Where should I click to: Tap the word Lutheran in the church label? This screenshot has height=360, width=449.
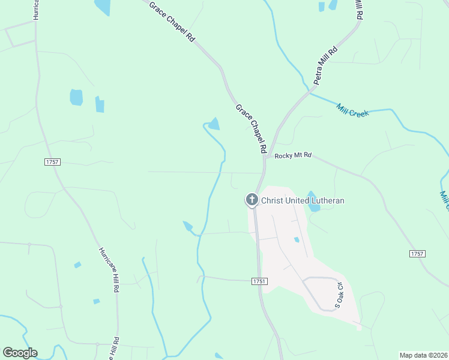[327, 200]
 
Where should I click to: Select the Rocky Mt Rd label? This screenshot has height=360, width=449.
[293, 155]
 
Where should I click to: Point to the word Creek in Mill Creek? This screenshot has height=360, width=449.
[359, 111]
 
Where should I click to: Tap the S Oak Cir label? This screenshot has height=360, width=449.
[339, 296]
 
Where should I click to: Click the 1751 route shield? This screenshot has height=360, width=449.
[259, 281]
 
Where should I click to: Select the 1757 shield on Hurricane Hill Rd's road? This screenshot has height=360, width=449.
[53, 162]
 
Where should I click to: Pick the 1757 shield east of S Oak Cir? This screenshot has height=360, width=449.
[417, 254]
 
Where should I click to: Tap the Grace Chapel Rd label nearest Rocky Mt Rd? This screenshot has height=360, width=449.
[251, 129]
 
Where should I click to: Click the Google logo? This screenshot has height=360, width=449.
[20, 353]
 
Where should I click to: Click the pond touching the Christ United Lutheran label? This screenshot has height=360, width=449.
[312, 204]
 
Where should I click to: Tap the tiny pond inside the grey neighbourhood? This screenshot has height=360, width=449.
[297, 240]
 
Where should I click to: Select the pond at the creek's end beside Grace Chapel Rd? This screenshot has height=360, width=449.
[213, 124]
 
